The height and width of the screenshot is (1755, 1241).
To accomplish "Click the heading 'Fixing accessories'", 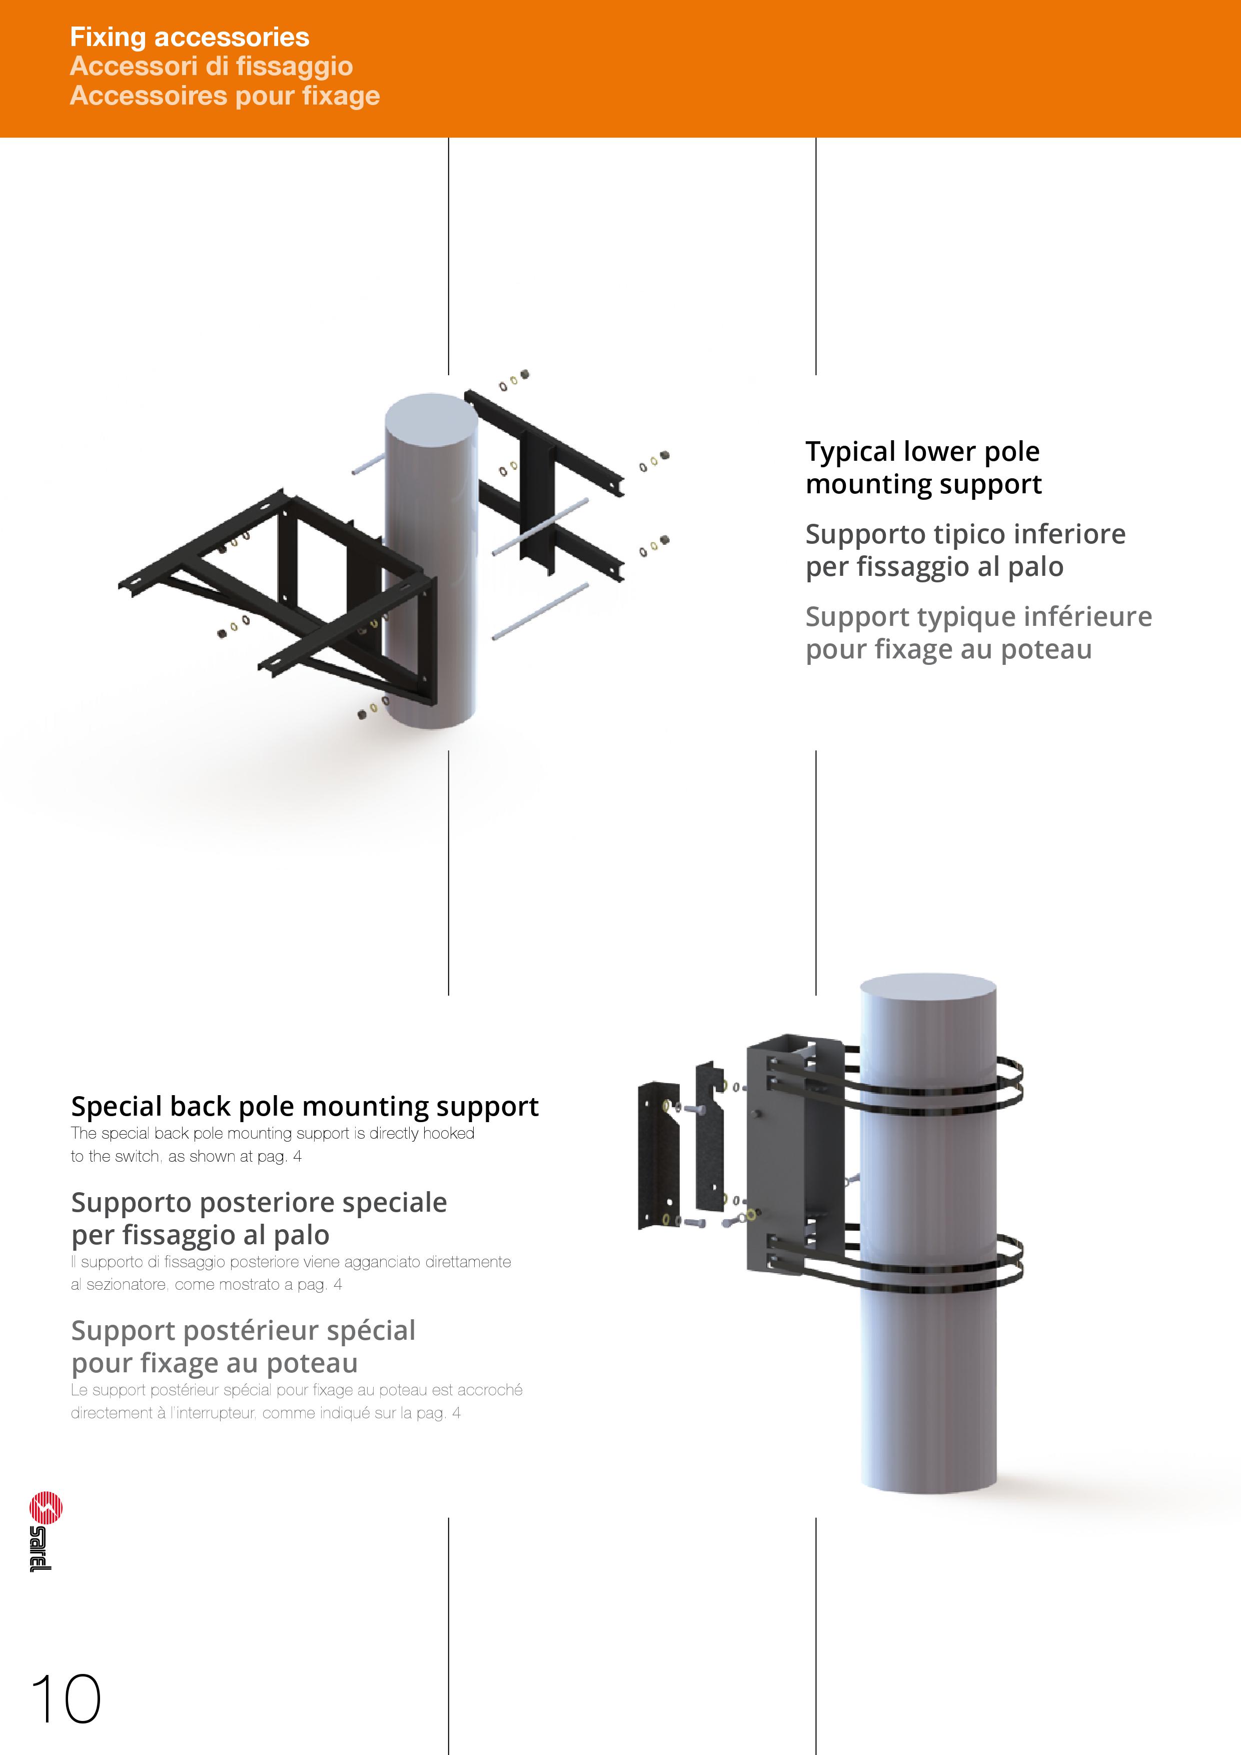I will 190,37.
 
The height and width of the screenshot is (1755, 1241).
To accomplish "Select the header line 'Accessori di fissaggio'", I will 211,67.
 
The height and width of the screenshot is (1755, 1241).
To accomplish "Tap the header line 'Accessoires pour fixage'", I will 225,97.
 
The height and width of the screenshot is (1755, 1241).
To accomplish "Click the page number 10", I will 66,1699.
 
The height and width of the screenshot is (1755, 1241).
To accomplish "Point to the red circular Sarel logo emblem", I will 46,1507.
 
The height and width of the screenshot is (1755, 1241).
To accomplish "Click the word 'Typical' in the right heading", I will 850,452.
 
